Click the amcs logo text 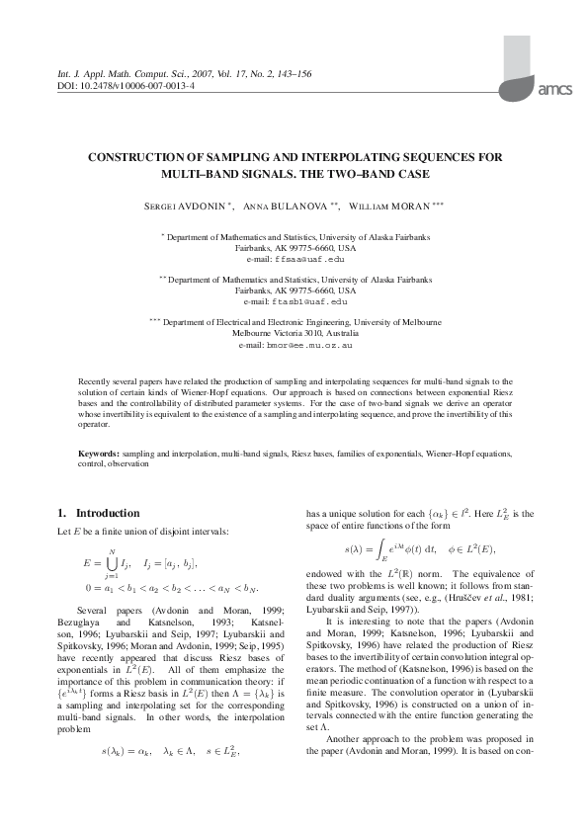click(x=553, y=89)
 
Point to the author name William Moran click(x=387, y=206)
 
